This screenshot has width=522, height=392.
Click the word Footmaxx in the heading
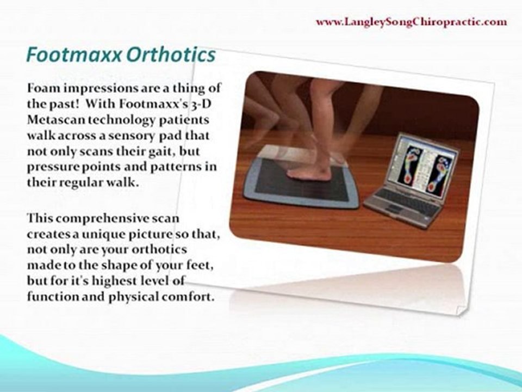74,54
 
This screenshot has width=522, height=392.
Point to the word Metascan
56,120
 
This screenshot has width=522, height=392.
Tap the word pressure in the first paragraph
53,167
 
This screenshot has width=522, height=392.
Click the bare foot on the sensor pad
309,172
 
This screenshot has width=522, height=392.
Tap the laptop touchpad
395,210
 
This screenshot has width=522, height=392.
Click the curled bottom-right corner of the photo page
462,311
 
